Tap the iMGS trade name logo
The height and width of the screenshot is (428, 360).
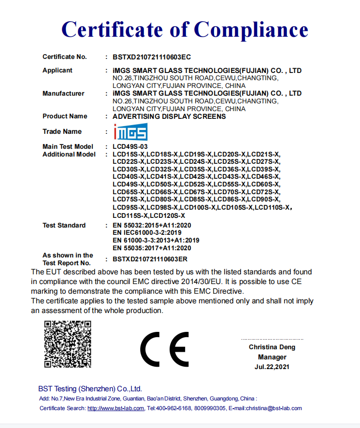pos(130,132)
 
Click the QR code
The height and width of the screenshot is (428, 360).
pos(68,344)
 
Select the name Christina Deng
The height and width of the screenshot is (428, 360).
pos(272,347)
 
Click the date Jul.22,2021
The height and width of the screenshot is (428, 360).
pos(272,367)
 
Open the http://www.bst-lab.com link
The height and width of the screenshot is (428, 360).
pos(115,408)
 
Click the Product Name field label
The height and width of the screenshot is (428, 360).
pos(65,116)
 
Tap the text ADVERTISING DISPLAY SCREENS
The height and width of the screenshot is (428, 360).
pos(169,116)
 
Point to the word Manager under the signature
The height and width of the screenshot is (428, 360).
pos(272,357)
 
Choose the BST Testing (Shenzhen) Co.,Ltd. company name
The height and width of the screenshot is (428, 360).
pos(90,389)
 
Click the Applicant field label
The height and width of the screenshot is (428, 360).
pos(58,71)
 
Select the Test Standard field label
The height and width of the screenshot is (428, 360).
pos(64,226)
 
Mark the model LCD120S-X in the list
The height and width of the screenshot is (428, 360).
pos(167,215)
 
